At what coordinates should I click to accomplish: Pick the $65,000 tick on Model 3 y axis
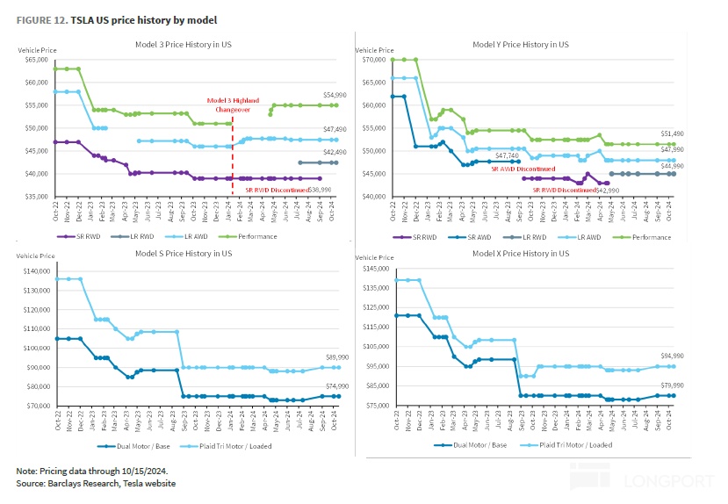[x=37, y=60]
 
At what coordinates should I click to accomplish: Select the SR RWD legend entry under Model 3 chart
[x=80, y=236]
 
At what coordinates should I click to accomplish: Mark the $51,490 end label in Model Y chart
[x=673, y=133]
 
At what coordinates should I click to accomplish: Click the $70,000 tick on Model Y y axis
[x=375, y=60]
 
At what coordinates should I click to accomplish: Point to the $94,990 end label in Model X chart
[x=672, y=356]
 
